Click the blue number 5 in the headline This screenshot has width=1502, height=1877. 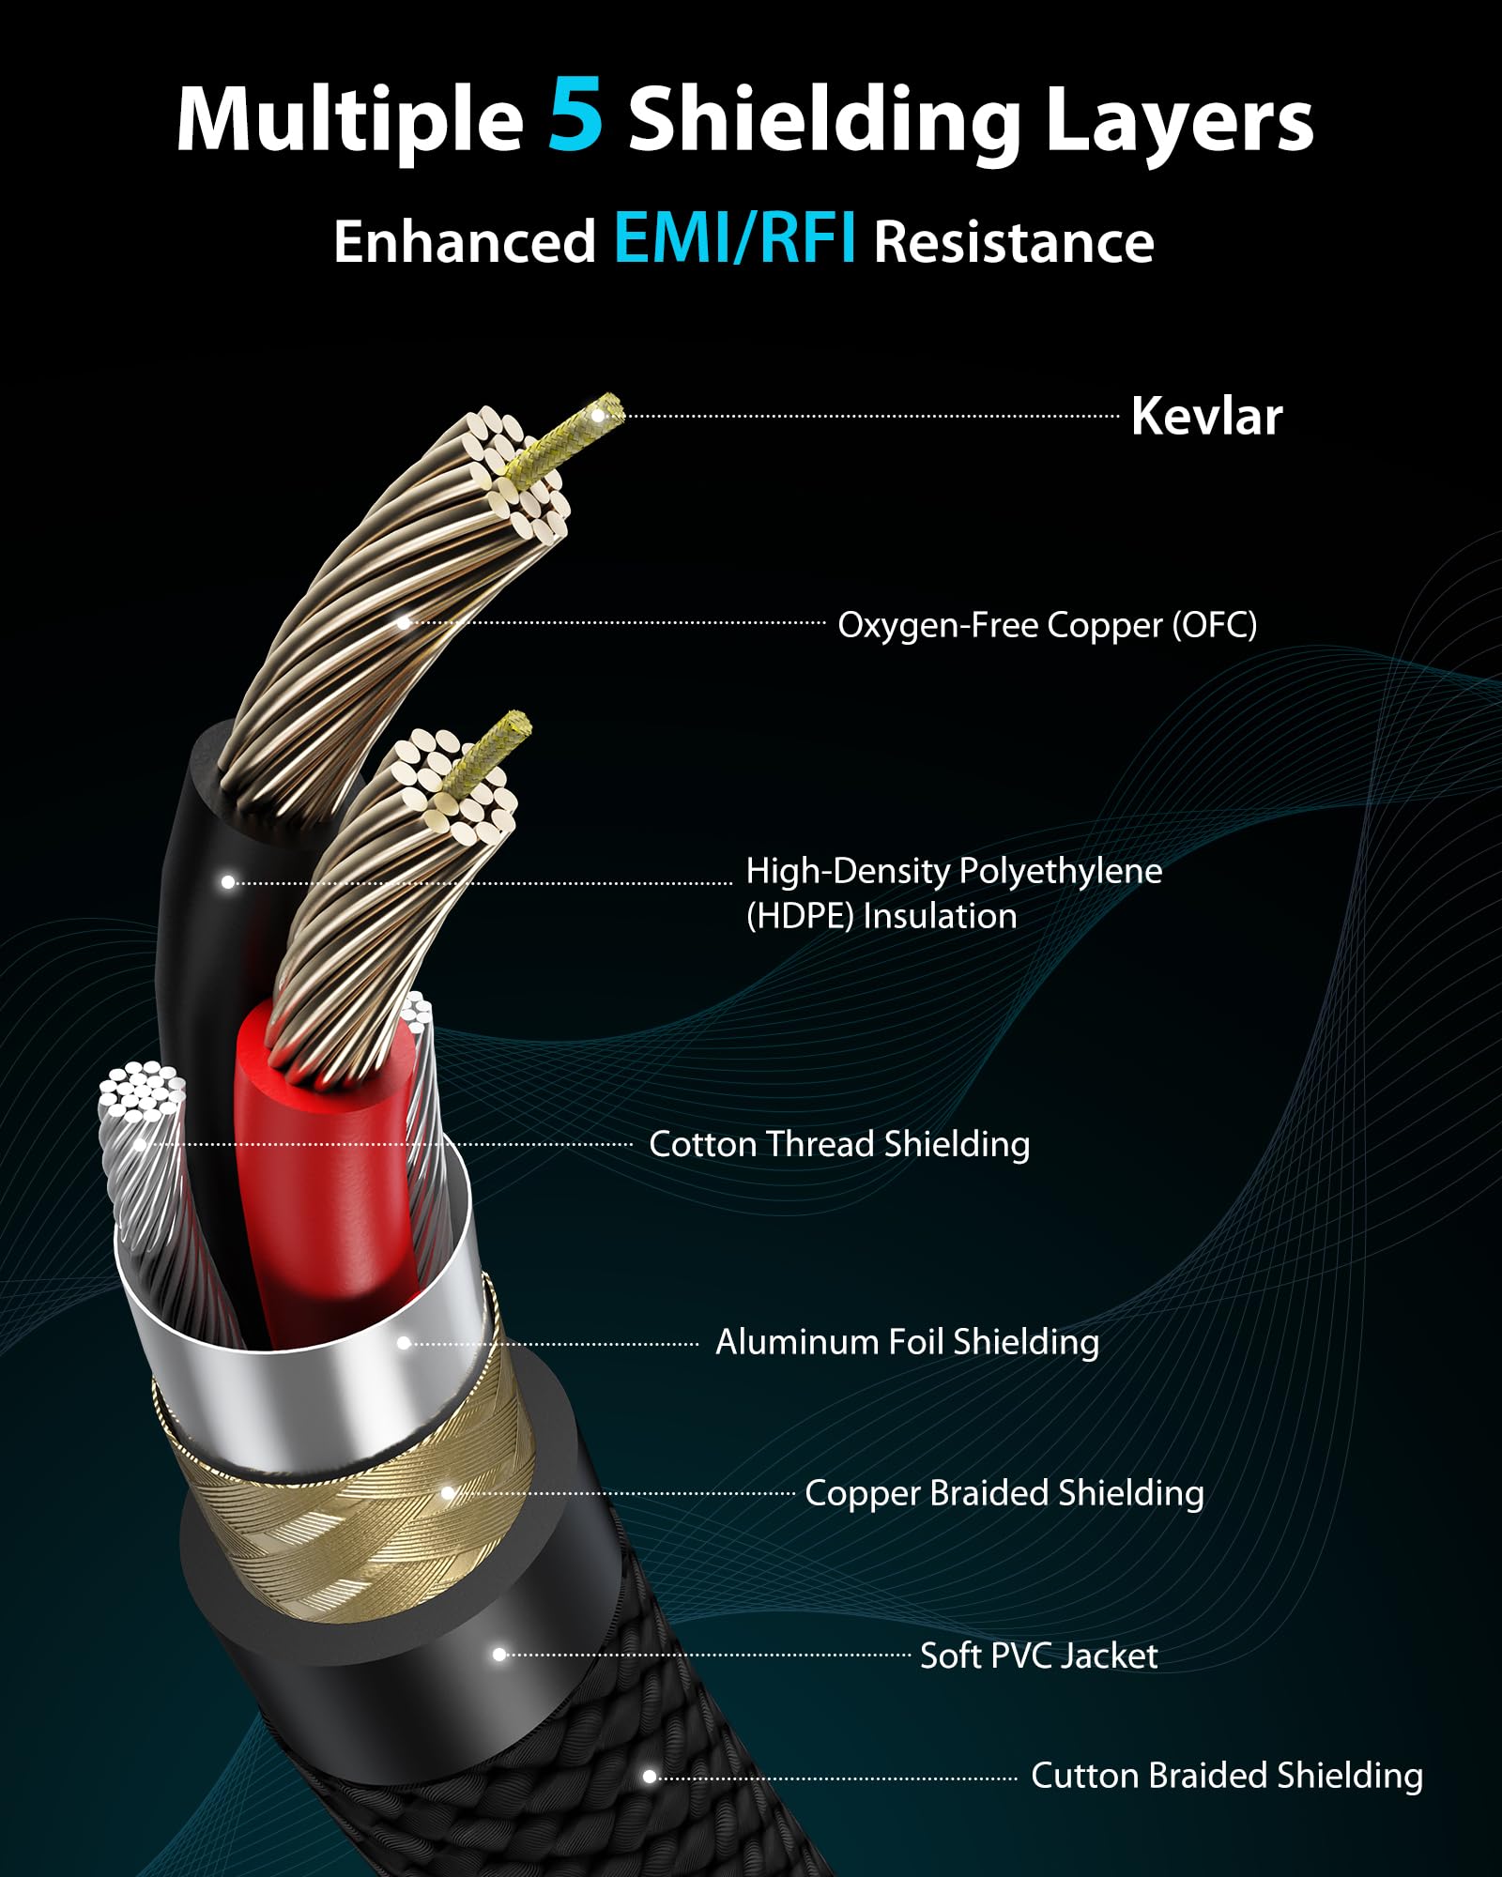tap(575, 116)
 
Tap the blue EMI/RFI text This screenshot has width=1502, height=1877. tap(735, 239)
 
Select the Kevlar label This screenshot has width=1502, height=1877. tap(1206, 416)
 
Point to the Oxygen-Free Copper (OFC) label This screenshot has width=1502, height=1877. tap(1047, 624)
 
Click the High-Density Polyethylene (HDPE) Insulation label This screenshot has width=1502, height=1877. tap(954, 893)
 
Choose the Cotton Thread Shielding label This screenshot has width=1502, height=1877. tap(839, 1144)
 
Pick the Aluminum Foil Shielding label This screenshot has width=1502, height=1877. tap(907, 1342)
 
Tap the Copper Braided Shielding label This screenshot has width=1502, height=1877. tap(1004, 1493)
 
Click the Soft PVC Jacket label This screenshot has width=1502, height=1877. tap(1038, 1656)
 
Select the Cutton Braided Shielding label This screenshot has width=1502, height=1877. tap(1227, 1776)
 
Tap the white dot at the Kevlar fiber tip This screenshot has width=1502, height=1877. tap(598, 416)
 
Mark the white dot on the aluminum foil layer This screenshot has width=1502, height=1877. tap(404, 1343)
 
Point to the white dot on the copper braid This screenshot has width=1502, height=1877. tap(448, 1493)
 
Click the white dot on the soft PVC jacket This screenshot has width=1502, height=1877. tap(499, 1655)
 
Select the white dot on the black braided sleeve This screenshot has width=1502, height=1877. tap(649, 1777)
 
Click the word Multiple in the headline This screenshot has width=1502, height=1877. tap(349, 121)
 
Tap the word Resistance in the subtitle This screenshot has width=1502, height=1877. tap(1014, 242)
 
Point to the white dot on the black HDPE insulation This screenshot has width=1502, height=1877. tap(228, 882)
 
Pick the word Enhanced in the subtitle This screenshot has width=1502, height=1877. tap(465, 242)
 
